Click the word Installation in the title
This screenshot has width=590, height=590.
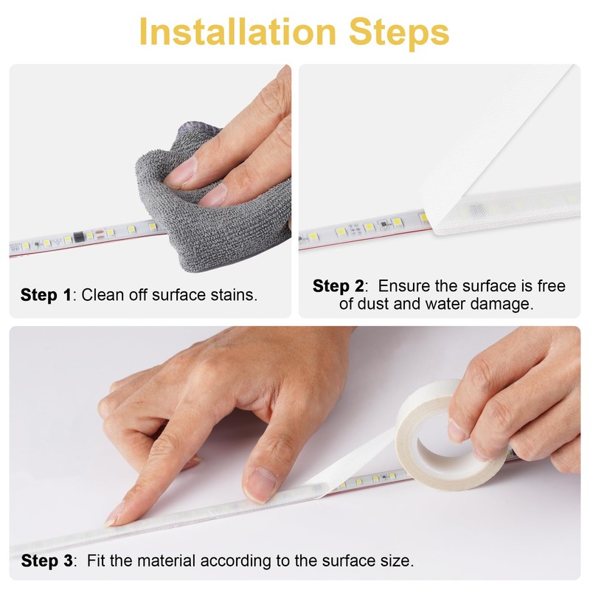tap(229, 32)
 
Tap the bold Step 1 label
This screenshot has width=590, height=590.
tap(46, 295)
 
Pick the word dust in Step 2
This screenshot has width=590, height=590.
tap(375, 304)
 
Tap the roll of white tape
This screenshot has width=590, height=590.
tap(442, 442)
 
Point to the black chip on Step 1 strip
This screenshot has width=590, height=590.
tap(77, 238)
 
